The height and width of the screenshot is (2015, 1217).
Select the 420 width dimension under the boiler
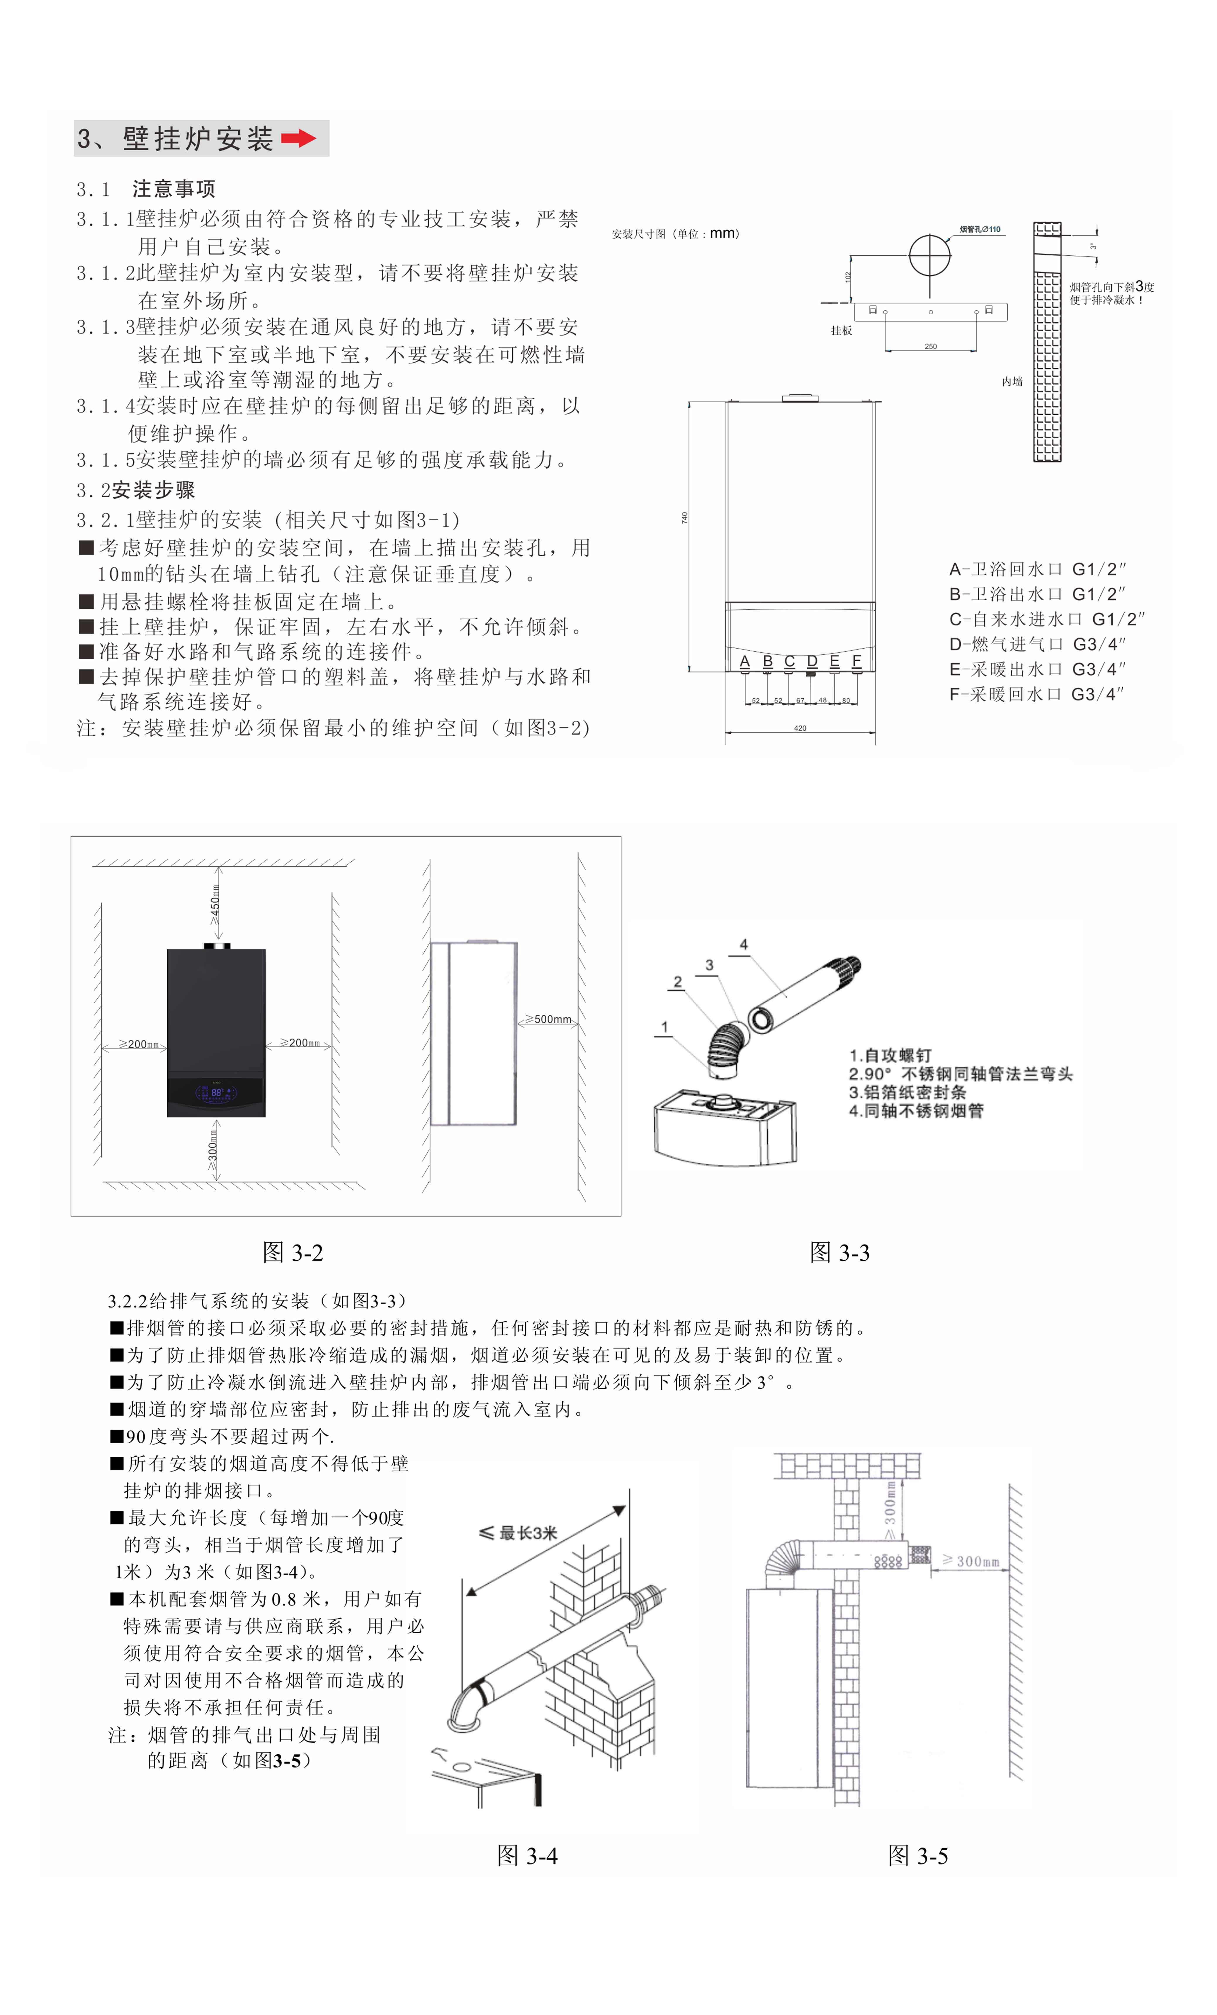[800, 728]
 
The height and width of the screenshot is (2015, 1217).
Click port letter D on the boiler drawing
[812, 661]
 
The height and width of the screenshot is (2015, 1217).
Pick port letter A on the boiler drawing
[745, 661]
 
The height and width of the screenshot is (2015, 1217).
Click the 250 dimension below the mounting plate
[930, 346]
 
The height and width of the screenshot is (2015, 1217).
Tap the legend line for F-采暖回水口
[1036, 694]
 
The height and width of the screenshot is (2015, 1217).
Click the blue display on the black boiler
[216, 1093]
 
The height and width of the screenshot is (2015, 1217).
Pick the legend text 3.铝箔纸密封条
[907, 1092]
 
